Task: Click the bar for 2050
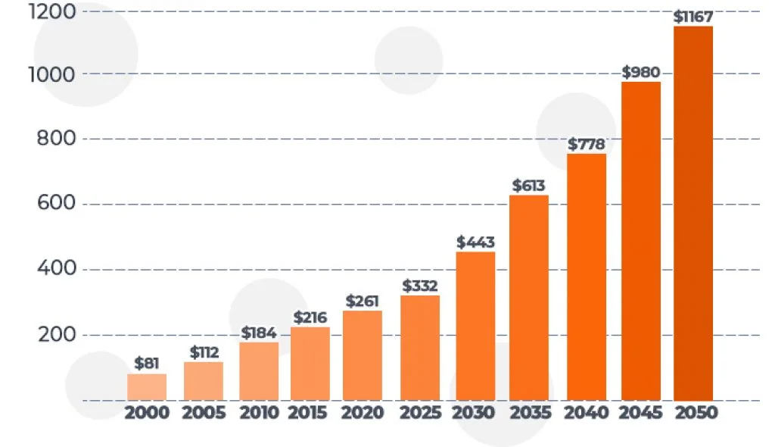693,213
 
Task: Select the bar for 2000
147,386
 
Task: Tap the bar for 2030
475,326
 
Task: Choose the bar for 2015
310,363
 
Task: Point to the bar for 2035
529,297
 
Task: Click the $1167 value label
693,16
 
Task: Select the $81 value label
147,363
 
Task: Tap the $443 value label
475,242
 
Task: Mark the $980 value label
641,72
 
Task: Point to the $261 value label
363,301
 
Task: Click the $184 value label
259,333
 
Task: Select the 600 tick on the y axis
57,205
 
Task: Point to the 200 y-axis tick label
57,335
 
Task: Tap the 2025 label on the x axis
420,413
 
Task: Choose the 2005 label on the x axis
204,413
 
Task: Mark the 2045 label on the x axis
641,413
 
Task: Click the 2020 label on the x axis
363,413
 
